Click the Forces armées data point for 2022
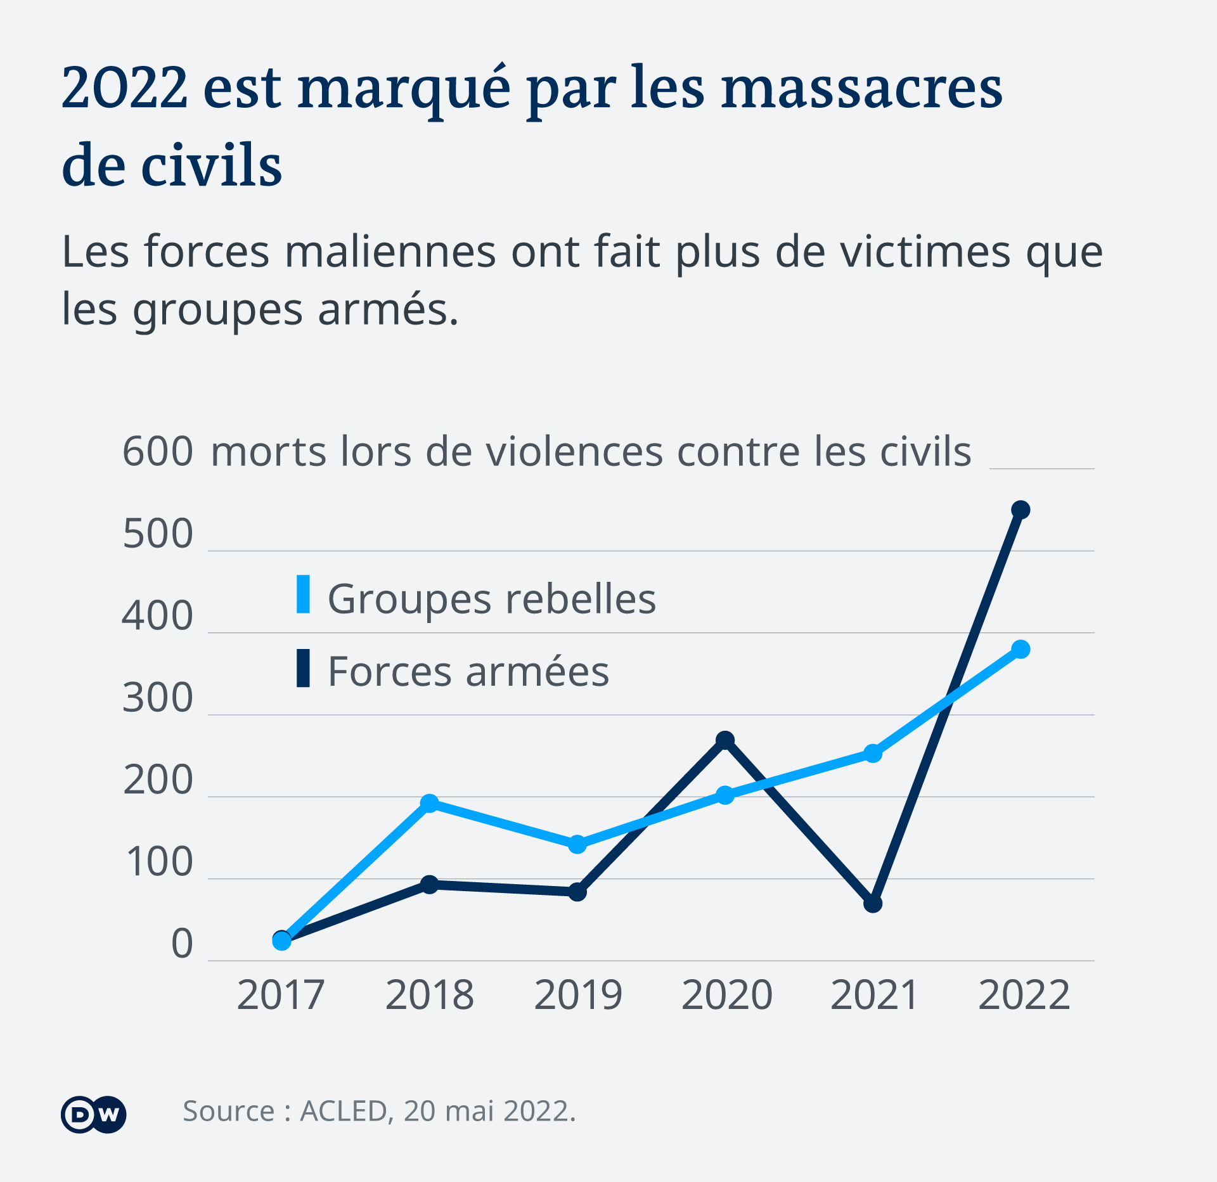click(1021, 510)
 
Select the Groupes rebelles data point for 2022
click(1021, 649)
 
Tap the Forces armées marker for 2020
click(725, 740)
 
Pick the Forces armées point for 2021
click(873, 903)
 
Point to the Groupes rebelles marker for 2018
click(430, 803)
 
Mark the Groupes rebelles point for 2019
click(577, 844)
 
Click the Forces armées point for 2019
click(577, 892)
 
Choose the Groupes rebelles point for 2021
click(873, 753)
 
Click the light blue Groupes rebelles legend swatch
click(304, 594)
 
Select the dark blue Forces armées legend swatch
click(304, 668)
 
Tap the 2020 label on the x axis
click(726, 995)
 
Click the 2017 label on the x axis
click(281, 995)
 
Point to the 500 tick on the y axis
click(158, 534)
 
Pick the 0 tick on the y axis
click(182, 944)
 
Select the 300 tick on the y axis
click(158, 698)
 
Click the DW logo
click(94, 1114)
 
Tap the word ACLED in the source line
click(344, 1111)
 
